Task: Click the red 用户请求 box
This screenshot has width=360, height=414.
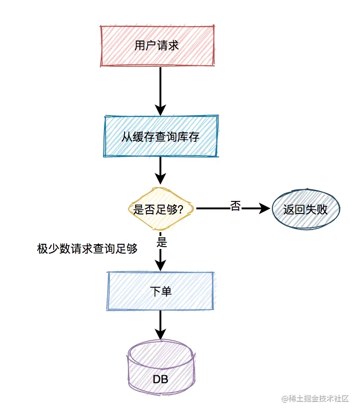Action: pyautogui.click(x=157, y=46)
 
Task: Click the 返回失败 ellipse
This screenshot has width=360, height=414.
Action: pyautogui.click(x=305, y=209)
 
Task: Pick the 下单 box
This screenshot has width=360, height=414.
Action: pyautogui.click(x=161, y=291)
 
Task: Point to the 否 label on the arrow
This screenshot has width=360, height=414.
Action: pyautogui.click(x=235, y=206)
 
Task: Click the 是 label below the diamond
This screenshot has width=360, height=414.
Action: pyautogui.click(x=162, y=242)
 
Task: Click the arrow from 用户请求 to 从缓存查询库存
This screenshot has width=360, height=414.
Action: pyautogui.click(x=160, y=89)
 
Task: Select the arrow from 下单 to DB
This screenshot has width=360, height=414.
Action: pyautogui.click(x=160, y=324)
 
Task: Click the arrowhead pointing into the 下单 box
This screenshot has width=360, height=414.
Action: pyautogui.click(x=160, y=265)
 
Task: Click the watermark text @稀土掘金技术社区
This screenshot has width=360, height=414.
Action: pyautogui.click(x=315, y=399)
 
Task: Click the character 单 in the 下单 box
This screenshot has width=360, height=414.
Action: pyautogui.click(x=166, y=291)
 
